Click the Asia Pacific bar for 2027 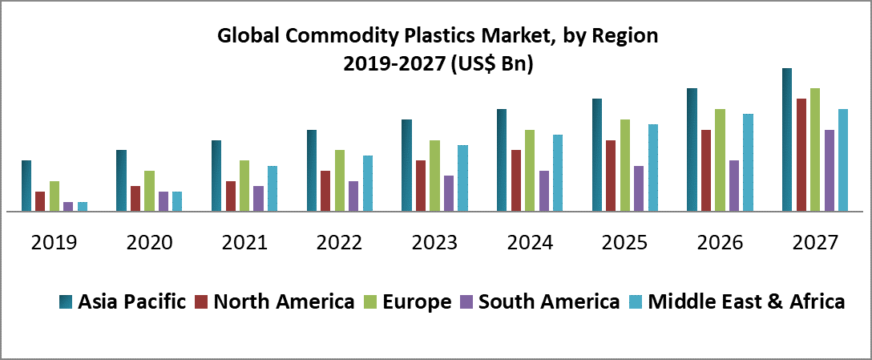tap(787, 140)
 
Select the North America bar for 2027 tap(801, 156)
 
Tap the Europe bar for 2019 tap(54, 196)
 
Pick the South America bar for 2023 tap(449, 193)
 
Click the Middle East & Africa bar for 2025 tap(653, 168)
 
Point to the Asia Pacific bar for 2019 tap(26, 186)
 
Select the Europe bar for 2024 tap(530, 171)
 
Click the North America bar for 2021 tap(231, 196)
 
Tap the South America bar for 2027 tap(830, 171)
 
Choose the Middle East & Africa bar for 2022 tap(368, 184)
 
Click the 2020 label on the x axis tap(149, 243)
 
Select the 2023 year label tap(435, 243)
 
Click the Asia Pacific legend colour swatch tap(66, 302)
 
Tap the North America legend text tap(285, 301)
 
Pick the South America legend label tap(548, 301)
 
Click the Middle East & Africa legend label tap(746, 301)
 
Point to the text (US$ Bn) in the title tap(492, 65)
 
